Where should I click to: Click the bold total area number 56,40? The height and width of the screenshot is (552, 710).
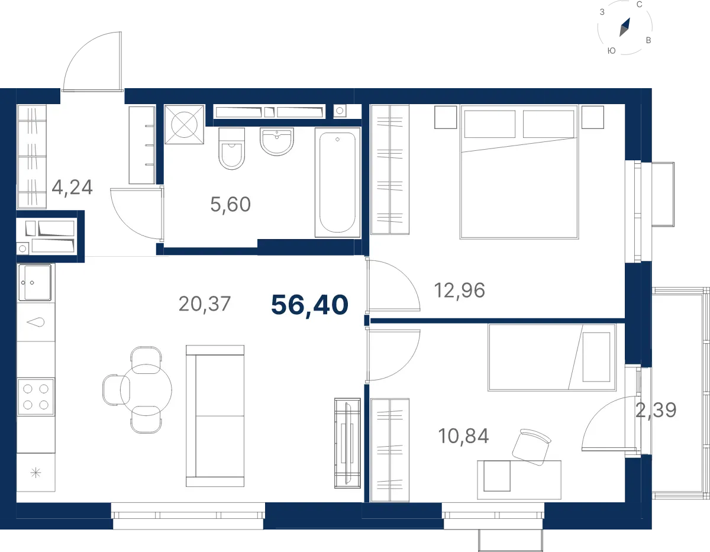310,305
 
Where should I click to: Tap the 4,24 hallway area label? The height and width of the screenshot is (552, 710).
72,188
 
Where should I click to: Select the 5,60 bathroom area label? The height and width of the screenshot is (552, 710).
230,205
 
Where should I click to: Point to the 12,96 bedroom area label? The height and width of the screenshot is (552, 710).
459,290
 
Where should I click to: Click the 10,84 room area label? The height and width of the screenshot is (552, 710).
463,436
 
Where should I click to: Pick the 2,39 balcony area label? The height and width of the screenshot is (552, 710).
656,410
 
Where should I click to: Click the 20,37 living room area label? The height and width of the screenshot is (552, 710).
205,304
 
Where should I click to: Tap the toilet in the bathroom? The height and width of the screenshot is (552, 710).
231,149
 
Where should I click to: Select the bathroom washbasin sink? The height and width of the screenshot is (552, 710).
277,141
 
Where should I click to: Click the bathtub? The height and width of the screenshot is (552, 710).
337,182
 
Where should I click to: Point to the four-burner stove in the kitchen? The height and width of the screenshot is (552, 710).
35,397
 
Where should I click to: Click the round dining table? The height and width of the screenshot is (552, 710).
146,390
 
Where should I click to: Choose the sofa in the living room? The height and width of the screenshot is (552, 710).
215,416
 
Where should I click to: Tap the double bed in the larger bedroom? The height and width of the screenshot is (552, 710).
519,172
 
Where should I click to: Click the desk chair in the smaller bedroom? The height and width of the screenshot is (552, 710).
531,447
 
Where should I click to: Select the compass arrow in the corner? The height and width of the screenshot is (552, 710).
625,27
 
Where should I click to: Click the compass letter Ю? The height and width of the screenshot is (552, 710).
612,51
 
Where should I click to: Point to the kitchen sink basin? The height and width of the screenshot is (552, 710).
35,282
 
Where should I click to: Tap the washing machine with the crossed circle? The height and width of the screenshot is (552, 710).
184,124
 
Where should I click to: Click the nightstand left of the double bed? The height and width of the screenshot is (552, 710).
446,117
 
